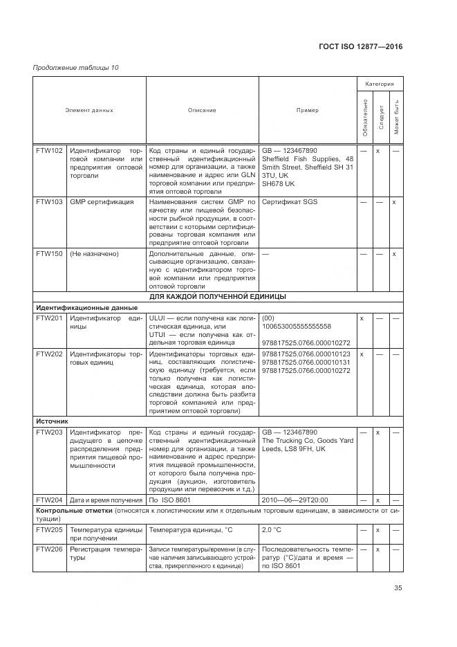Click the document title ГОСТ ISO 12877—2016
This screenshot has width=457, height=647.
click(x=360, y=46)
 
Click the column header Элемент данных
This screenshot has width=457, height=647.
click(x=89, y=110)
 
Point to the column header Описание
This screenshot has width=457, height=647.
click(x=202, y=110)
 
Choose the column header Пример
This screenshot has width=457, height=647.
click(x=308, y=110)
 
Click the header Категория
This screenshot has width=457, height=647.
click(x=380, y=84)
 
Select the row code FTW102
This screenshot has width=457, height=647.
click(x=49, y=150)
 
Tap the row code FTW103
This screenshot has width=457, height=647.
click(x=49, y=202)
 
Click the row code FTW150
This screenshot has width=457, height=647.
click(x=49, y=254)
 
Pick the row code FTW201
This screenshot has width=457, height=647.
click(x=49, y=318)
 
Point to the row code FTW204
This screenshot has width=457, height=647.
click(x=49, y=500)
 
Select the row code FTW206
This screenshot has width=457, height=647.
click(x=49, y=548)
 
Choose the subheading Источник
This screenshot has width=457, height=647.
click(x=52, y=420)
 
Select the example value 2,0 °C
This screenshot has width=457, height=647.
click(x=274, y=529)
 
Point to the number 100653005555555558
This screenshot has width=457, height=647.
click(x=297, y=326)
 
